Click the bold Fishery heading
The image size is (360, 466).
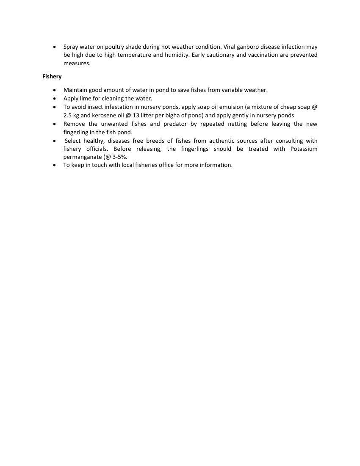(52, 77)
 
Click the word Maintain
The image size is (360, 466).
(75, 90)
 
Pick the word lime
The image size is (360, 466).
(86, 98)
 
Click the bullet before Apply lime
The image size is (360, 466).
(55, 98)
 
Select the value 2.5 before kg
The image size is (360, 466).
(68, 115)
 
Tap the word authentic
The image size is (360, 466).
(222, 141)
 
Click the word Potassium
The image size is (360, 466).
(304, 149)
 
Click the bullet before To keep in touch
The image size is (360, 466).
(55, 165)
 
